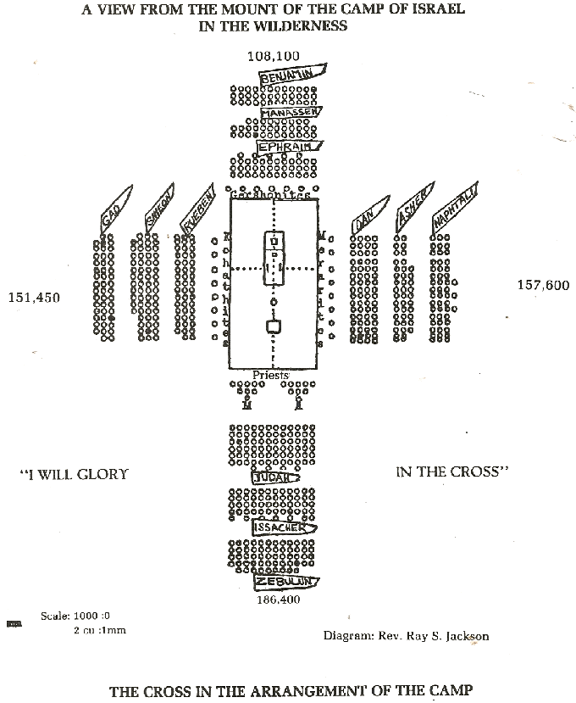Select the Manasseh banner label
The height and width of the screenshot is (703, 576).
point(291,112)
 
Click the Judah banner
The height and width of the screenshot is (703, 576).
point(275,477)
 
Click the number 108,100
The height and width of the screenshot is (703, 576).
point(274,56)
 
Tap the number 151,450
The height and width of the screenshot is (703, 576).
point(34,297)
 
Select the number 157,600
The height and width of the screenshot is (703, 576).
point(543,285)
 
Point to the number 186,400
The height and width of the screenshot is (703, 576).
point(278,599)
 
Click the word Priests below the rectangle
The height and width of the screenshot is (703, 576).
point(271,374)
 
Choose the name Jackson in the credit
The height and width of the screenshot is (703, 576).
point(464,635)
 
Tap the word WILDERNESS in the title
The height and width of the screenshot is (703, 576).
point(305,25)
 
